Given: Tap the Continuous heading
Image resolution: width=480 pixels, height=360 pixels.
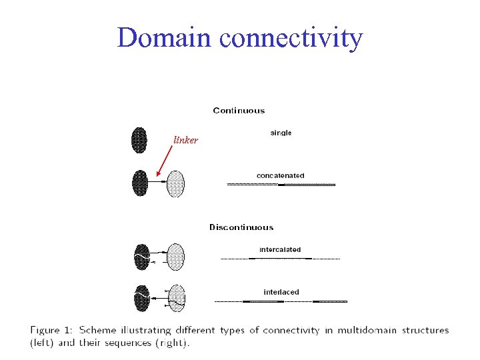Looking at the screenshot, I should [239, 111].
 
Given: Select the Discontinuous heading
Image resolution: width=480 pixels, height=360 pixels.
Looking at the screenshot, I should [241, 227].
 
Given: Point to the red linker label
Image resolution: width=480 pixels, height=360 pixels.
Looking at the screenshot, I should [185, 140].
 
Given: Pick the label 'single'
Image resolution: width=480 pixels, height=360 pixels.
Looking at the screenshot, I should [281, 133].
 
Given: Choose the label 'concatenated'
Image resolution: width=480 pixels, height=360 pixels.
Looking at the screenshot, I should [280, 176].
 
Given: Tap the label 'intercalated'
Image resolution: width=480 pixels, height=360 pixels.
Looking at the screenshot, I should [280, 250].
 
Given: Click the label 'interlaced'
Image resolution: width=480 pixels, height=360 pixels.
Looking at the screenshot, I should [281, 292].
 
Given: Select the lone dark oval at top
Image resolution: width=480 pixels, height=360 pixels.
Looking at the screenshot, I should [139, 140].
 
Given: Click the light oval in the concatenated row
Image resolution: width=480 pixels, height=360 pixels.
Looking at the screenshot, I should [175, 183].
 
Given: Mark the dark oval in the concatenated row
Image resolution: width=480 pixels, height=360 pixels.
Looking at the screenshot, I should [140, 183].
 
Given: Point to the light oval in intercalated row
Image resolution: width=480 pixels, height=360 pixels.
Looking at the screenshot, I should [175, 256].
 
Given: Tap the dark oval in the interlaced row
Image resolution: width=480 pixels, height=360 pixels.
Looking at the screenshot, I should [141, 298].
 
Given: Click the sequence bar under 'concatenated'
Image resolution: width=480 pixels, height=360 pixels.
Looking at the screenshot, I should [281, 184].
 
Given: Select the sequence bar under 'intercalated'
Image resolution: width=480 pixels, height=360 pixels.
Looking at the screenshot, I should [280, 258].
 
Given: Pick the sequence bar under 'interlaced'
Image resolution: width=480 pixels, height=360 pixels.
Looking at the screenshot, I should [283, 301].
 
